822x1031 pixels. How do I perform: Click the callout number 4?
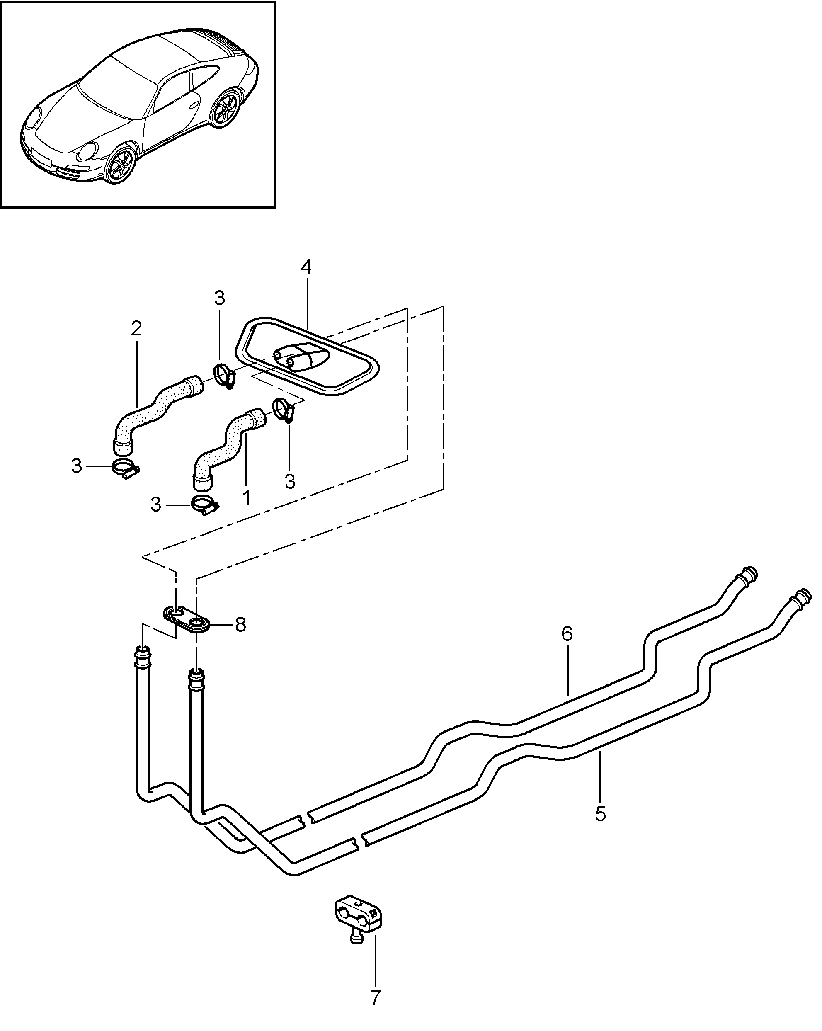(306, 267)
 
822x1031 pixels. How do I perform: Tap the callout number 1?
(246, 497)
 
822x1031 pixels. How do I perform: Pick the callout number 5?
(601, 813)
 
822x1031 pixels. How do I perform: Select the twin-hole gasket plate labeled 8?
(187, 619)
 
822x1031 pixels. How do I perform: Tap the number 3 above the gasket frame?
(219, 298)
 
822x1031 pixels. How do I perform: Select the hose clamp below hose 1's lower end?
(205, 506)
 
